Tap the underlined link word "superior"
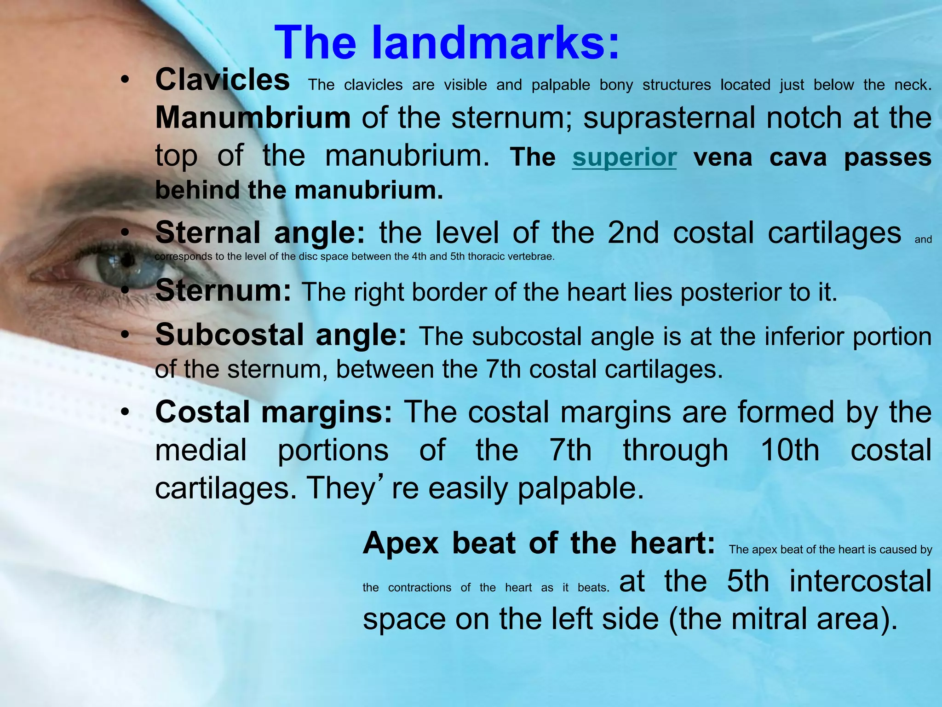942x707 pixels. pyautogui.click(x=624, y=157)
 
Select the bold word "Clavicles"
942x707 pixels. pyautogui.click(x=223, y=80)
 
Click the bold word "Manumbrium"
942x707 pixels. pyautogui.click(x=253, y=118)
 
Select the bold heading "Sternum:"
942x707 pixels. pyautogui.click(x=223, y=291)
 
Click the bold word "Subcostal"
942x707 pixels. pyautogui.click(x=230, y=335)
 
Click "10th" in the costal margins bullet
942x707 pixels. pyautogui.click(x=789, y=450)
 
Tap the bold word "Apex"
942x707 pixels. pyautogui.click(x=401, y=544)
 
